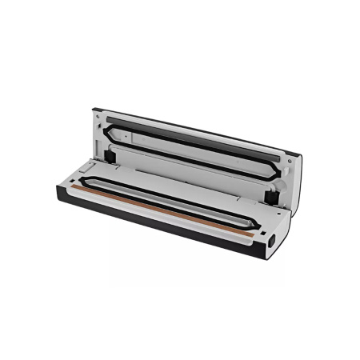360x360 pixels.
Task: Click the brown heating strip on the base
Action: click(x=160, y=207)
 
